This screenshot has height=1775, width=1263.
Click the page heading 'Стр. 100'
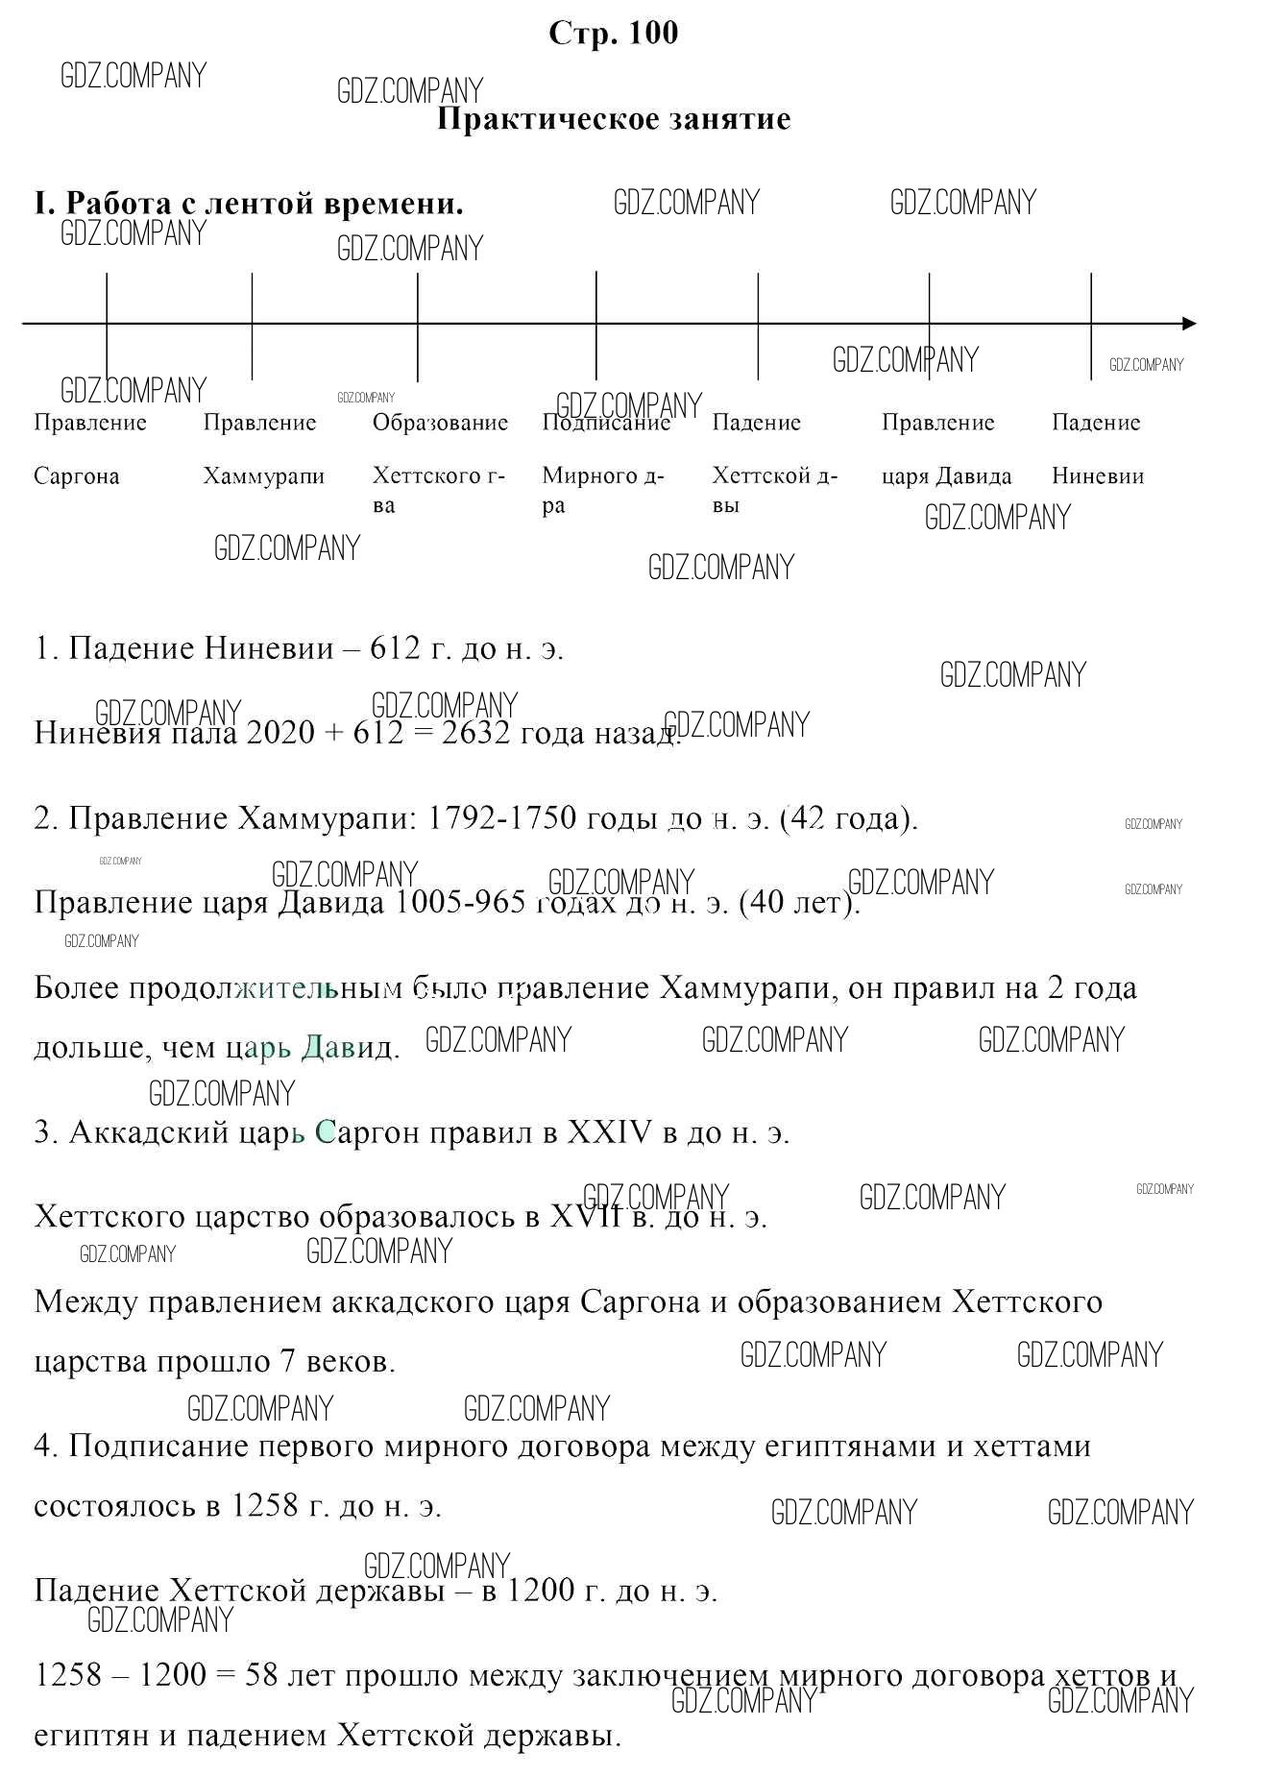point(613,34)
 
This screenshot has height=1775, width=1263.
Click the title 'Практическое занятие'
point(614,120)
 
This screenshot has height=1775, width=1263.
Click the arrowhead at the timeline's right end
point(1189,324)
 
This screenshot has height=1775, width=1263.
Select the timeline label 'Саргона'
point(77,476)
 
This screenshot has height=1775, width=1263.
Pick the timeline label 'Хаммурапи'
point(264,476)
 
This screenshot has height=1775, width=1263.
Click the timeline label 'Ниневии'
point(1098,476)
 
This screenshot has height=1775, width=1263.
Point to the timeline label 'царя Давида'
point(947,476)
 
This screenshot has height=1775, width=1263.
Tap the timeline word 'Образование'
point(440,424)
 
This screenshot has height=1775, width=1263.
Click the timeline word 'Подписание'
point(606,424)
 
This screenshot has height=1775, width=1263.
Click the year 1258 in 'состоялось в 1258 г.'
point(264,1505)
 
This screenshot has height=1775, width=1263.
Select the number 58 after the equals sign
point(262,1675)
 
